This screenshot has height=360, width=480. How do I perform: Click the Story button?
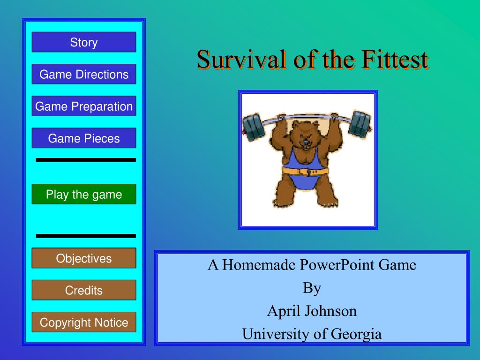pos(84,42)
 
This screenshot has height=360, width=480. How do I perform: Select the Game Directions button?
pos(84,74)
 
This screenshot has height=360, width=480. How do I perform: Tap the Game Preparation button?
pos(84,106)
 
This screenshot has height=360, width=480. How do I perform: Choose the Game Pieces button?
pos(84,138)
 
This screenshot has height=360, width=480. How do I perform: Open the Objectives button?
pos(84,258)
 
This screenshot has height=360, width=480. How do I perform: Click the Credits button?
pos(84,290)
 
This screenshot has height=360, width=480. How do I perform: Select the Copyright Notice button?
pos(84,322)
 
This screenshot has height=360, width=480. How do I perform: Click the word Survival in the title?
pos(241,60)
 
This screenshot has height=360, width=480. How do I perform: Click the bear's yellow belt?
pos(305,171)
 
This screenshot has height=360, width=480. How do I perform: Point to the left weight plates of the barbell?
pos(254,127)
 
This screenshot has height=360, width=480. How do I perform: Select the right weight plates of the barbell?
pos(360,124)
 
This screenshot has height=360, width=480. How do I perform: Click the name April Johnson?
pos(312,311)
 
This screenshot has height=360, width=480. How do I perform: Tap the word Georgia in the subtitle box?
pos(356,334)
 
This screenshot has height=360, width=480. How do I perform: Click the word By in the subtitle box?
pos(312,288)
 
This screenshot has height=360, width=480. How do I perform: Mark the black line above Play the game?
pos(86,160)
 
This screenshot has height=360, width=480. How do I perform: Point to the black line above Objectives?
pos(86,236)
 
